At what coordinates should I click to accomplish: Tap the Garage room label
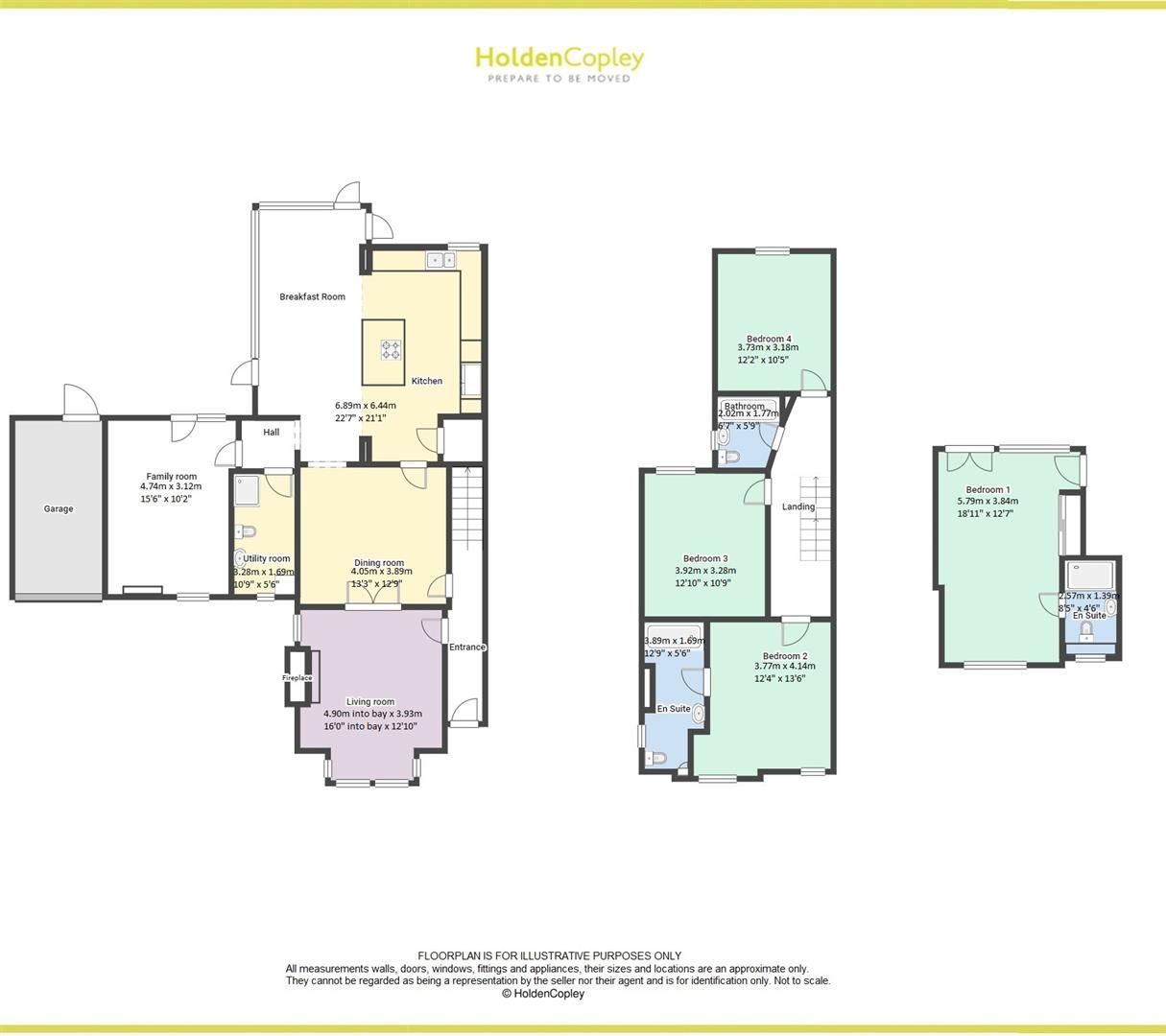tap(58, 508)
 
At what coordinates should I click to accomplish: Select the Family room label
tap(171, 477)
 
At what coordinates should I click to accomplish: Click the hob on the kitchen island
tap(391, 350)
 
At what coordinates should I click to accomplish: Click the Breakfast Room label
tap(312, 296)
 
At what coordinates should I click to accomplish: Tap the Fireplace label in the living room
tap(297, 678)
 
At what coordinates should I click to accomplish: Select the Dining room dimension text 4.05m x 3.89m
tap(377, 572)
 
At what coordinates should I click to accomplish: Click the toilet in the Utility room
tap(246, 531)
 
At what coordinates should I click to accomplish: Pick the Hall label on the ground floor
tap(272, 433)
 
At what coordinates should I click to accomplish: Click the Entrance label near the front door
tap(467, 647)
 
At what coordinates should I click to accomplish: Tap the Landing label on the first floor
tap(797, 506)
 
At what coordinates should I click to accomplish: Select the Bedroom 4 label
tap(769, 339)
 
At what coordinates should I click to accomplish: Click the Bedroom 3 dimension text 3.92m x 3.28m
tap(705, 571)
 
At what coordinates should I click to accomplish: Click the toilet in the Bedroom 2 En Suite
tap(657, 758)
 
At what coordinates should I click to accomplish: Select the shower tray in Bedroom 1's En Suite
tap(1091, 576)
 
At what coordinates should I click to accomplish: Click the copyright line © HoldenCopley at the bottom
tap(543, 994)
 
